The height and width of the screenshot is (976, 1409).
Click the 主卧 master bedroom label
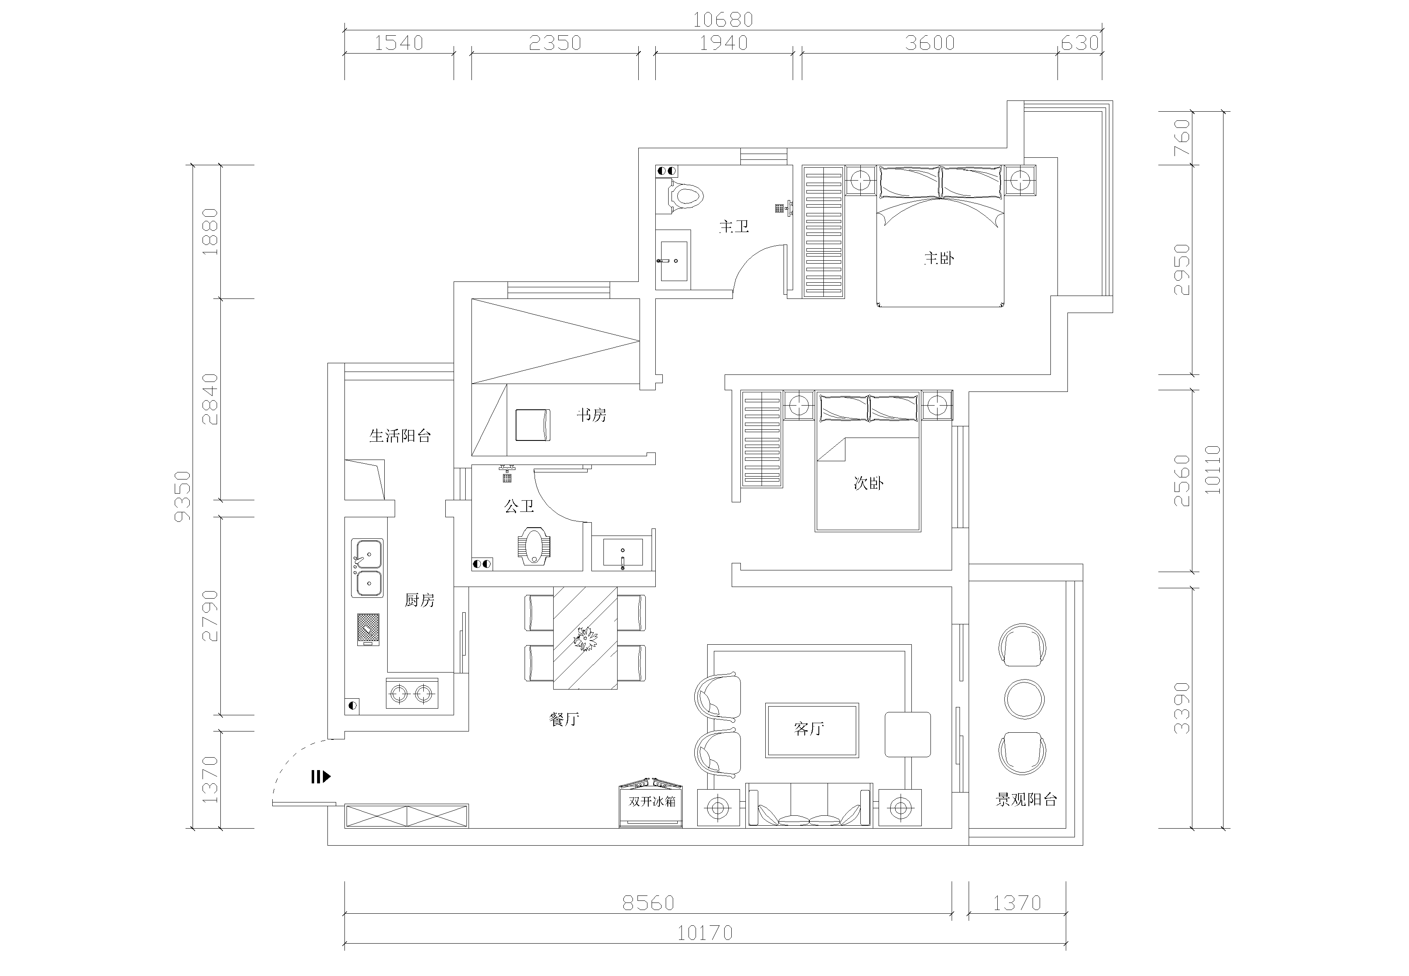click(938, 258)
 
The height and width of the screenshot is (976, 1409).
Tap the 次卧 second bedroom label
click(869, 483)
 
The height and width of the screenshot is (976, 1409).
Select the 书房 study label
click(591, 415)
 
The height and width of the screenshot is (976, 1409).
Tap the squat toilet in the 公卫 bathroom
click(534, 545)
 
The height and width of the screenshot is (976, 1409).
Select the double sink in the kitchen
click(367, 567)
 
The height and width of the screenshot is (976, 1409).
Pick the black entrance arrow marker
click(321, 777)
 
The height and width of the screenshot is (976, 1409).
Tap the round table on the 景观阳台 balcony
click(1025, 699)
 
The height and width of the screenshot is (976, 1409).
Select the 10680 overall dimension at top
click(723, 20)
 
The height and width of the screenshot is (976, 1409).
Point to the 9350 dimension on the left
click(183, 496)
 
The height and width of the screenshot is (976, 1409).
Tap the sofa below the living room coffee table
click(809, 805)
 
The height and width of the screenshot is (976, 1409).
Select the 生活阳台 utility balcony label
click(400, 435)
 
